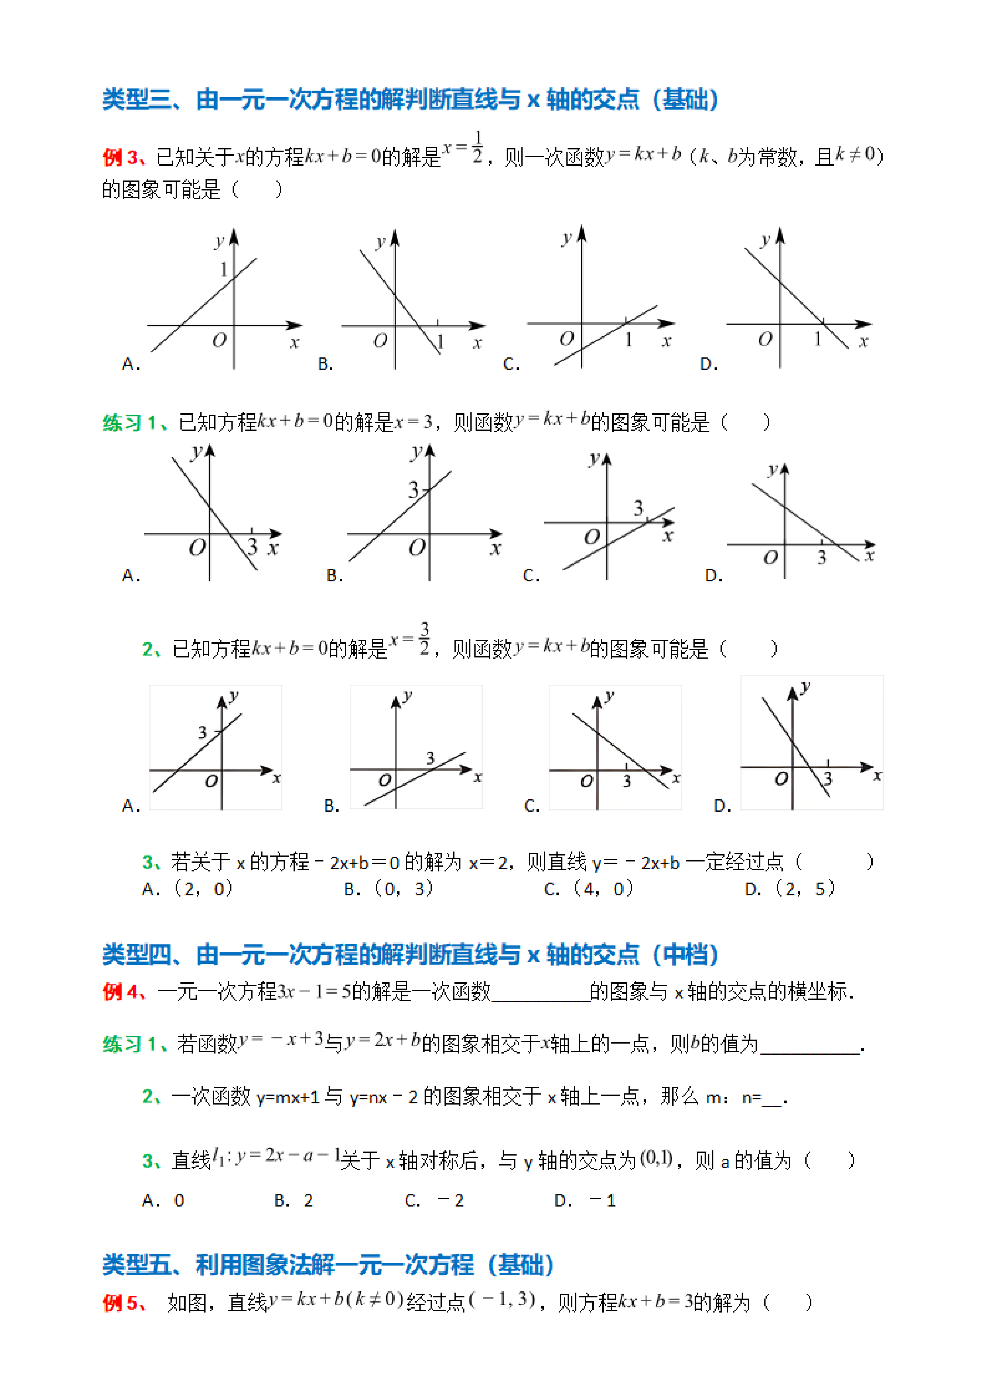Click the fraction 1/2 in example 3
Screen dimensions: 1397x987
[478, 148]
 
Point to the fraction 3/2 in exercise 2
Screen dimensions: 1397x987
[425, 638]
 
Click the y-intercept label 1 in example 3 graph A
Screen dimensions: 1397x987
[223, 269]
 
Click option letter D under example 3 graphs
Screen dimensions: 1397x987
[708, 364]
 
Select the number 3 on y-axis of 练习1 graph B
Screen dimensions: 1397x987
[413, 489]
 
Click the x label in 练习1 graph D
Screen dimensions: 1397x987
[869, 555]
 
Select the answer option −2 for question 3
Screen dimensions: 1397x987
[450, 1201]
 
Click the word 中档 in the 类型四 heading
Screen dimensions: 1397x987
[685, 955]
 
